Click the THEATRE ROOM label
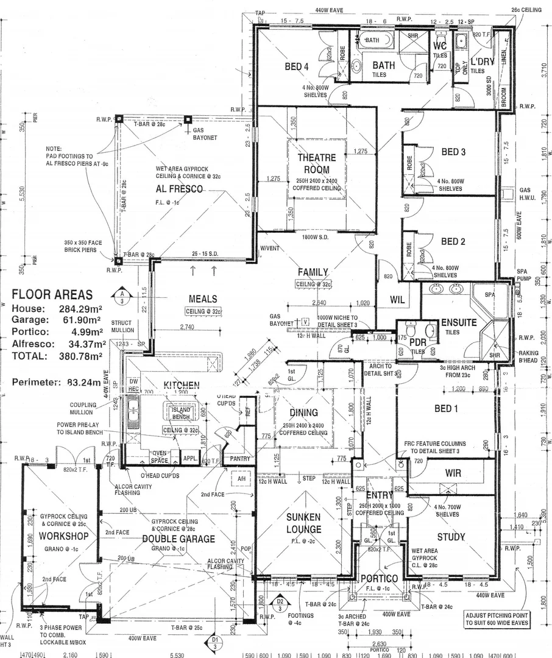[x=313, y=164]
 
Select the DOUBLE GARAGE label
[x=179, y=539]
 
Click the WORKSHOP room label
[x=63, y=536]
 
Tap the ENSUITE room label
[x=459, y=323]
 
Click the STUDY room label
[x=451, y=537]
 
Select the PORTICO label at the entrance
[x=379, y=578]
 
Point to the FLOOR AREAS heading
[x=52, y=295]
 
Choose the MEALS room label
[x=203, y=299]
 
